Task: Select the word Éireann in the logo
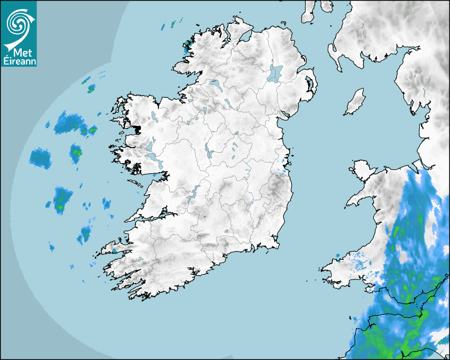(19, 61)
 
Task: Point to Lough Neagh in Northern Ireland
(275, 73)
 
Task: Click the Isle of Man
(355, 102)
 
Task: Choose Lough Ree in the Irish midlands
(209, 151)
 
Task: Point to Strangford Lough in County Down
(309, 85)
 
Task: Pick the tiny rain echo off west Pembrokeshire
(338, 256)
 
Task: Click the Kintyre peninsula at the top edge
(308, 12)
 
